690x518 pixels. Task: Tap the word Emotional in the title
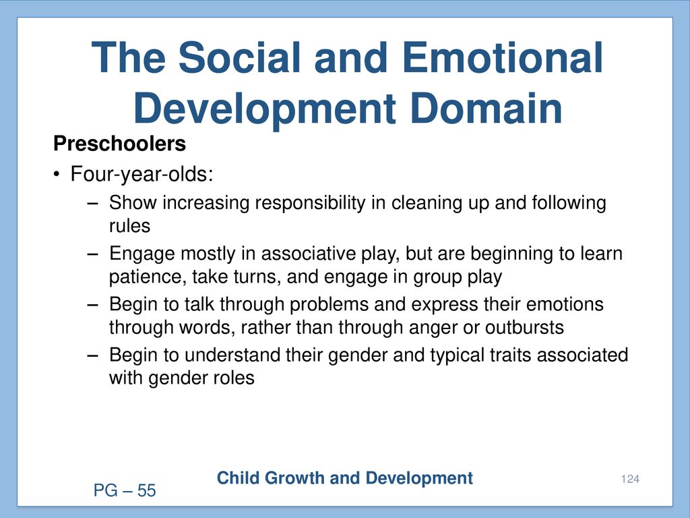pyautogui.click(x=502, y=58)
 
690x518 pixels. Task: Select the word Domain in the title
pyautogui.click(x=487, y=109)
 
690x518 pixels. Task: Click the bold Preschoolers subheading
pyautogui.click(x=119, y=144)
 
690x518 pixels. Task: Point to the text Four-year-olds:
pyautogui.click(x=142, y=174)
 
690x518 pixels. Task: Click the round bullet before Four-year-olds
pyautogui.click(x=57, y=175)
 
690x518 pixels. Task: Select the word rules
pyautogui.click(x=129, y=226)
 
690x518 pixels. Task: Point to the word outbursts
pyautogui.click(x=524, y=328)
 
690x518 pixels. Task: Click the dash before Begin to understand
pyautogui.click(x=93, y=355)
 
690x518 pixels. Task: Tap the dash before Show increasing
pyautogui.click(x=93, y=203)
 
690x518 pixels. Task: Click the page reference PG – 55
pyautogui.click(x=125, y=490)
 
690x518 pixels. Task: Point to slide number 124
pyautogui.click(x=630, y=479)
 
